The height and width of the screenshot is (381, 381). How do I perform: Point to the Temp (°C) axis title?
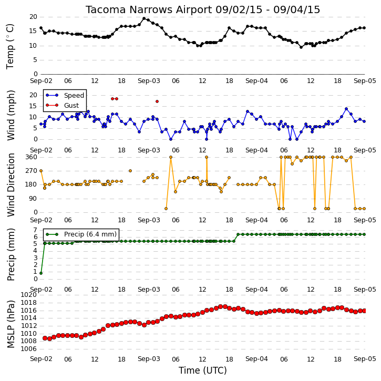click(x=10, y=46)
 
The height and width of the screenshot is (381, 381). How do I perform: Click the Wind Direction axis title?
click(x=11, y=184)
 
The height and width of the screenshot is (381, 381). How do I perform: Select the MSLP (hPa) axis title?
click(x=11, y=324)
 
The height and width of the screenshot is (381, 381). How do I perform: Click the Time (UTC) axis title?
click(x=203, y=370)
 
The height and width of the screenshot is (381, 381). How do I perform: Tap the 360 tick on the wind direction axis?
click(x=31, y=157)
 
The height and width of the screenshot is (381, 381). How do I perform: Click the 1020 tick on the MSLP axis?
click(x=29, y=295)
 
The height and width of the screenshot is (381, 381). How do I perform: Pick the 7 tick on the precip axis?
click(x=35, y=230)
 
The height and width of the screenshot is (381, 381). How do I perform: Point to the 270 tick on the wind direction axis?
click(x=31, y=171)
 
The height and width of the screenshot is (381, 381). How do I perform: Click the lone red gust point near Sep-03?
click(x=157, y=101)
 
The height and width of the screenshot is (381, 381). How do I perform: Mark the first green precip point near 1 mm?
click(x=41, y=273)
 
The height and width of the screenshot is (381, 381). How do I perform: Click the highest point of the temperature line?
click(x=144, y=18)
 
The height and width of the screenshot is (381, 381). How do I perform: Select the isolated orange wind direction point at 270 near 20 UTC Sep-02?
click(x=130, y=171)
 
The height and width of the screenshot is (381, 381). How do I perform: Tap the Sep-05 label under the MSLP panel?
click(x=365, y=359)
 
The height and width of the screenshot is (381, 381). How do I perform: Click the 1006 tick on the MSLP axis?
click(x=29, y=349)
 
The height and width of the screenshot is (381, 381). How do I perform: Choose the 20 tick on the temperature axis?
click(x=33, y=17)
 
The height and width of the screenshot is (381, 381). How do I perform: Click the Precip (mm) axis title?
click(x=11, y=255)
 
